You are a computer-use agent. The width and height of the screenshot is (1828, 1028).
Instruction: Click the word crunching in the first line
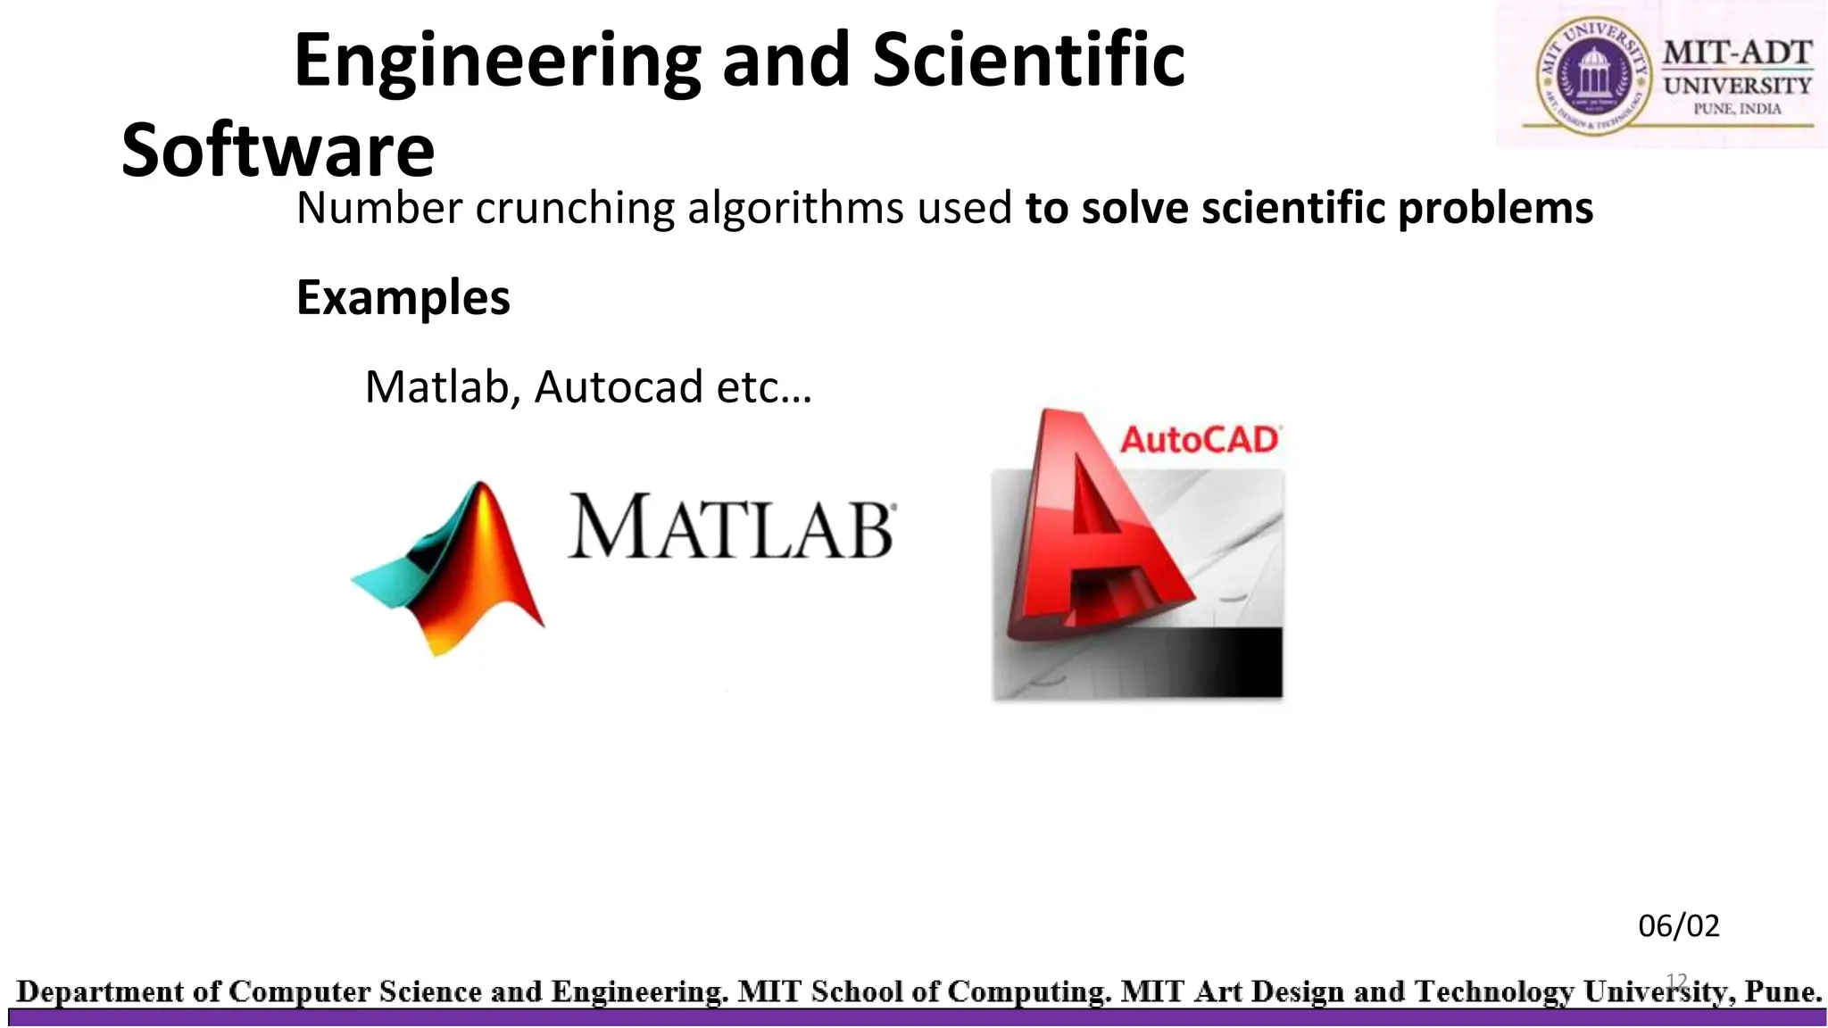(575, 208)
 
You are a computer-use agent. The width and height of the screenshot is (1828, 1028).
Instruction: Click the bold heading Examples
(403, 297)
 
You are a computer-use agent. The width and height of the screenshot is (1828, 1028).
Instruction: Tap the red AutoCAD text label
(1200, 440)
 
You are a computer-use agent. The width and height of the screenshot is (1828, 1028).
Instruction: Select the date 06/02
(1678, 926)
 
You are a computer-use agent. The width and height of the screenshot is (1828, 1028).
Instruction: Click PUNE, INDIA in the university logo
(1737, 109)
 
